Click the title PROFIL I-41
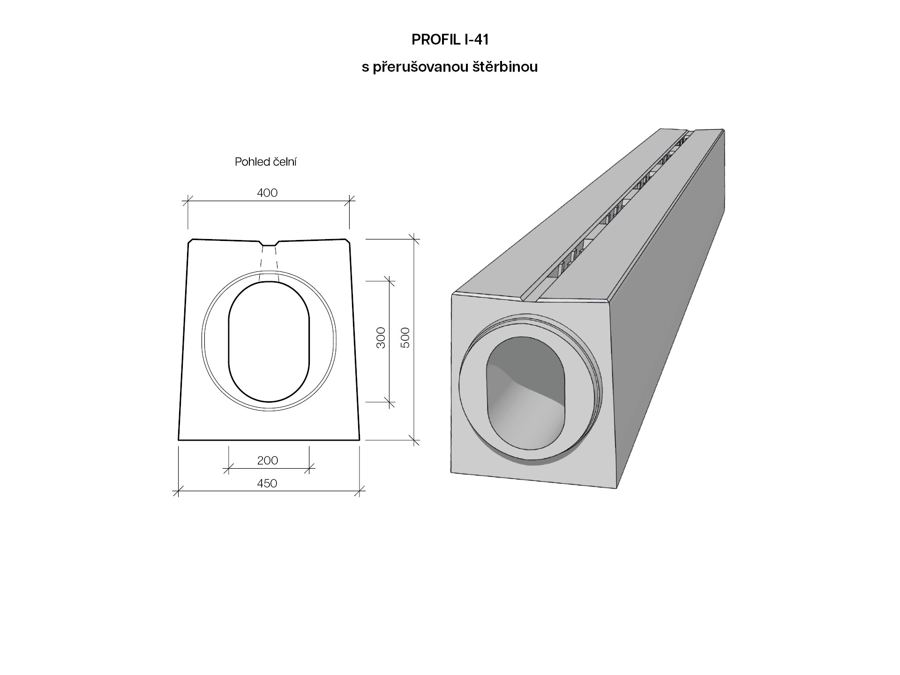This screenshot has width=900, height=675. click(450, 40)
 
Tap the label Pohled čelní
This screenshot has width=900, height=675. click(266, 162)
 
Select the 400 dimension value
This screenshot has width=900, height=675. click(268, 193)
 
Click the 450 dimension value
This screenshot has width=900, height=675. click(267, 483)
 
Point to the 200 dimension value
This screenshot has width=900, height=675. click(268, 460)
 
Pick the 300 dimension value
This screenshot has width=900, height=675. click(381, 337)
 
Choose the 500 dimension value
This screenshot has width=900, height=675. click(405, 337)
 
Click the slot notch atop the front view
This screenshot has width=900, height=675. click(269, 243)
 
